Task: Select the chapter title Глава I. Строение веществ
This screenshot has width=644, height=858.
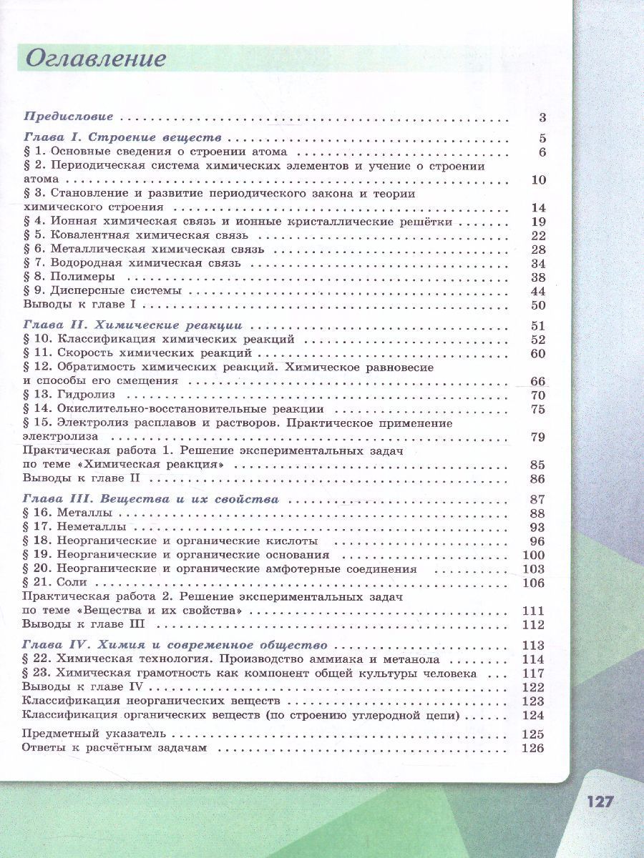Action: point(122,138)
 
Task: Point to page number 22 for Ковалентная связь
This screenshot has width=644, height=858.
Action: point(538,236)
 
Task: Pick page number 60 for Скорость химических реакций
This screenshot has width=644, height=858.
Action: point(538,354)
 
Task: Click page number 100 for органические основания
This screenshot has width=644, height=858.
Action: point(534,555)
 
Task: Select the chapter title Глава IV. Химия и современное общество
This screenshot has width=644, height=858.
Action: point(175,645)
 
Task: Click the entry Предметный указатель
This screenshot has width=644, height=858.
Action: point(94,734)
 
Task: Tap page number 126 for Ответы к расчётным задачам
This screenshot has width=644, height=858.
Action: point(534,749)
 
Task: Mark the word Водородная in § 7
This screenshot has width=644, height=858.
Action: point(84,263)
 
